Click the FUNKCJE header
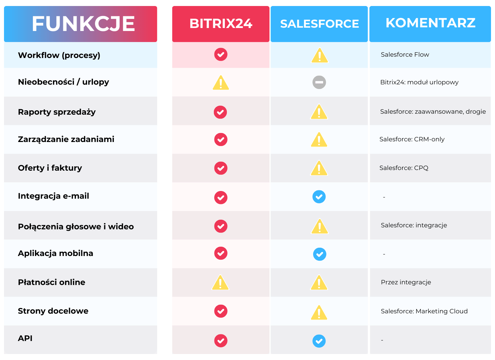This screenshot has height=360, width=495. (x=83, y=24)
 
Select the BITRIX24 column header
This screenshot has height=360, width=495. (x=221, y=24)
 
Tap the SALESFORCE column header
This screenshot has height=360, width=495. (x=319, y=24)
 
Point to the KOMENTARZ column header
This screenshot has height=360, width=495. (x=430, y=23)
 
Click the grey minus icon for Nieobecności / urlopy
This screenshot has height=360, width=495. (x=319, y=82)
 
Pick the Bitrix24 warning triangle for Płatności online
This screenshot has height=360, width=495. (x=221, y=283)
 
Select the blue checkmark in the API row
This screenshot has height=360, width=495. (x=319, y=341)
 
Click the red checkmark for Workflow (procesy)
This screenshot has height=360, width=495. (x=221, y=54)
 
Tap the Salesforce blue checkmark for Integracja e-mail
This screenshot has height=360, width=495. (x=319, y=197)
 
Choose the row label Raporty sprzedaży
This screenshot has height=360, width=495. (x=57, y=112)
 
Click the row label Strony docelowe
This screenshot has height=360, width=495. (x=53, y=311)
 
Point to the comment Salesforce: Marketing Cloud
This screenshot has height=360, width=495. (x=424, y=311)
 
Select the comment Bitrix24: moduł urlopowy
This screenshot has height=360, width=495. (x=419, y=82)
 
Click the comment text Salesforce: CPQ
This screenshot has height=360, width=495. (x=404, y=168)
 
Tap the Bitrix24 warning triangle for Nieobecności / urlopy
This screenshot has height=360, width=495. (x=221, y=83)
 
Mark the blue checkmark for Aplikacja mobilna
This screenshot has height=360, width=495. (x=319, y=254)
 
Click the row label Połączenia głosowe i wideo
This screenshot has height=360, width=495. (x=76, y=227)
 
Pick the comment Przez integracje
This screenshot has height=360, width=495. (x=406, y=282)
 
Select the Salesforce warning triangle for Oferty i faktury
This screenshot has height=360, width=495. (x=319, y=169)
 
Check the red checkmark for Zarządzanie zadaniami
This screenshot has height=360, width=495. (x=221, y=139)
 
